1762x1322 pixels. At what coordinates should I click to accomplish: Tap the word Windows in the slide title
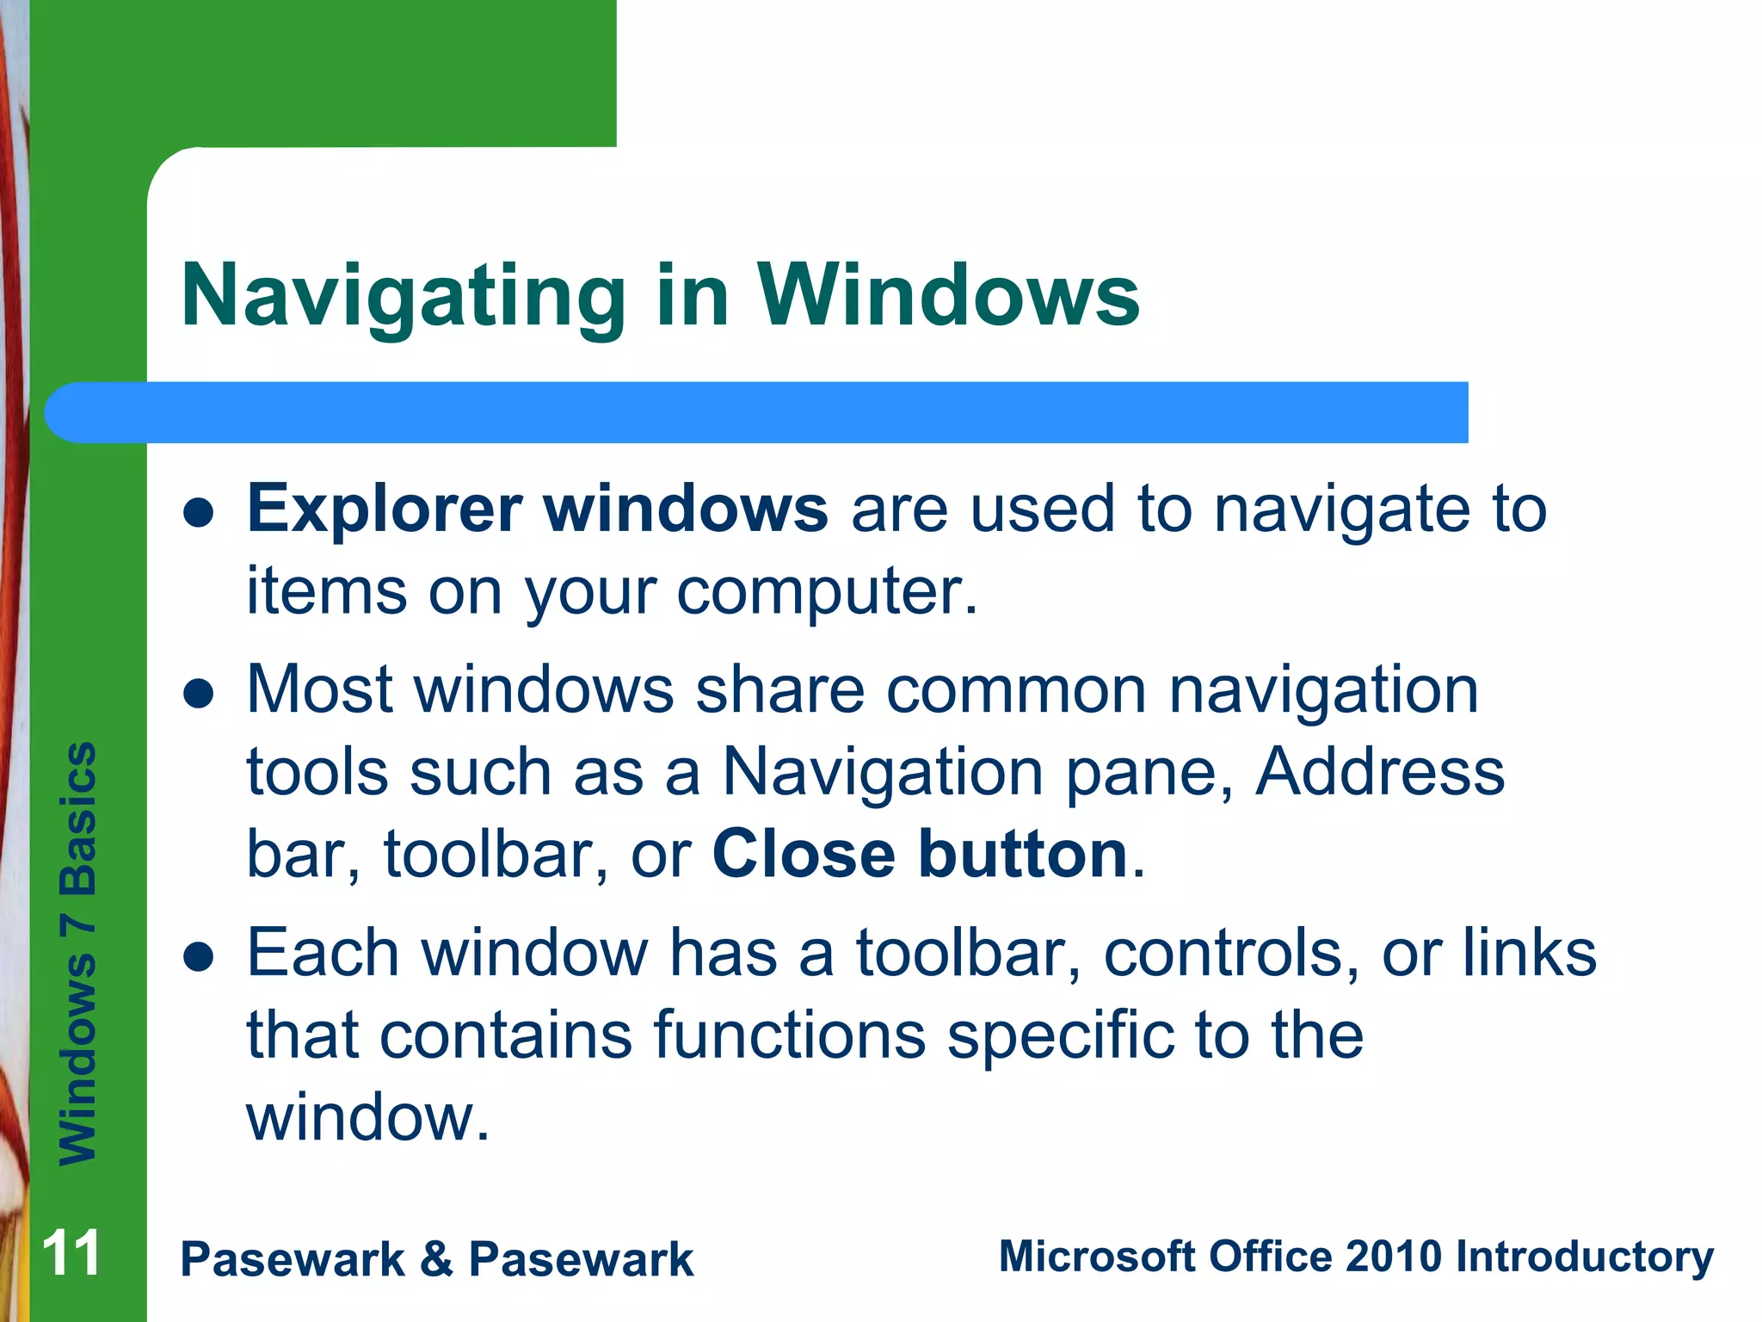point(948,295)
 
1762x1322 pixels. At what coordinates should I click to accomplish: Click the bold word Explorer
point(385,509)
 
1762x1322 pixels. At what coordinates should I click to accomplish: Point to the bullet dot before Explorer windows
point(199,513)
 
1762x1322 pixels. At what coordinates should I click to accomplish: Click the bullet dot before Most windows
point(199,694)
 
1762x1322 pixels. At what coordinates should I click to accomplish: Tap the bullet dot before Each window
point(199,957)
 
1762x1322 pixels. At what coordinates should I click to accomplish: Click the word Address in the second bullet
point(1379,771)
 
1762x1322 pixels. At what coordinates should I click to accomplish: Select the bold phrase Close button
point(920,854)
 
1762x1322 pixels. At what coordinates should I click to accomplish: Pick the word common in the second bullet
point(1016,689)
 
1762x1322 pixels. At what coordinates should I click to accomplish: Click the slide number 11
point(71,1253)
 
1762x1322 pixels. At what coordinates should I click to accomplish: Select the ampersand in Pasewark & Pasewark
point(436,1259)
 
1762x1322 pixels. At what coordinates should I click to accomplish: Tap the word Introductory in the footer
point(1584,1257)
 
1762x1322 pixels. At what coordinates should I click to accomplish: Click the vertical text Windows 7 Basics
point(77,953)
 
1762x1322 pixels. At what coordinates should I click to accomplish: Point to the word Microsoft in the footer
point(1097,1256)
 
